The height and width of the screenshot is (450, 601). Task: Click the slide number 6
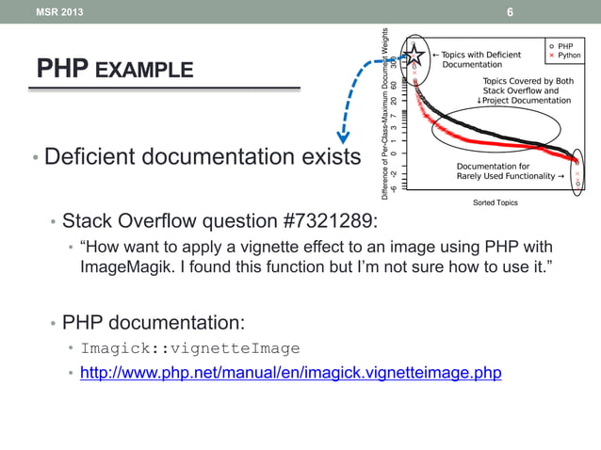pos(510,12)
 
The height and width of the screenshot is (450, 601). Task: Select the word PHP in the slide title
pos(61,69)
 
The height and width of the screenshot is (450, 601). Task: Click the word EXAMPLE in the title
pos(144,70)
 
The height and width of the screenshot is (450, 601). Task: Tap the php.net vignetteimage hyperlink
pos(290,373)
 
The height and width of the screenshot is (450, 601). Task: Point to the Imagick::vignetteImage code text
pos(189,348)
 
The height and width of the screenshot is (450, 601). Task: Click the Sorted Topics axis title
pos(495,202)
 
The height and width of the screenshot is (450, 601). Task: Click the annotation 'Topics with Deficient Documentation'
pos(480,59)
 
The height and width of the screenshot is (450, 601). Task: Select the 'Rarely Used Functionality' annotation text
pos(504,175)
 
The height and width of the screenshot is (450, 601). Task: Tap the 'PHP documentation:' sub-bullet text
pos(154,323)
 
